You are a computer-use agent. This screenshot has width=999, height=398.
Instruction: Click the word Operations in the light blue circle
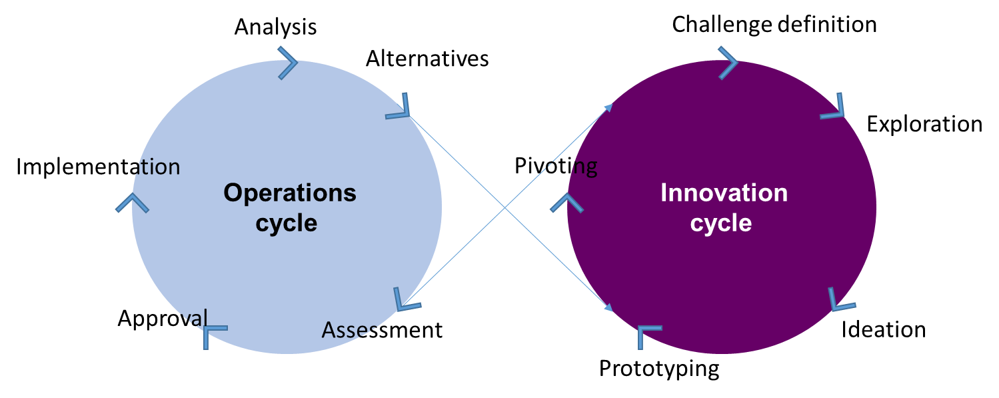(x=290, y=193)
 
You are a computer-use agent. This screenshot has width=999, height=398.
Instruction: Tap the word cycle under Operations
(x=287, y=223)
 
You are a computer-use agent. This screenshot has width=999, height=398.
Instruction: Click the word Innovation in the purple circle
(x=724, y=193)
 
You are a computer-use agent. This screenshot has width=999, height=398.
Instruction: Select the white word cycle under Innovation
(x=721, y=223)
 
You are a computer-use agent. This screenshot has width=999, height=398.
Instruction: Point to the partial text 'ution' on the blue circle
(x=154, y=167)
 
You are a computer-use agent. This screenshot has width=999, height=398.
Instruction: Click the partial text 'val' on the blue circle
(x=193, y=317)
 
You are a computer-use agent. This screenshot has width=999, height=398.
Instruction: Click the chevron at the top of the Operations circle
(x=288, y=63)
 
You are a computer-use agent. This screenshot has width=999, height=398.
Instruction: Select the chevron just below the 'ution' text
(x=132, y=203)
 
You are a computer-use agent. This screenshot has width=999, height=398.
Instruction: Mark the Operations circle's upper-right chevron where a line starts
(x=399, y=108)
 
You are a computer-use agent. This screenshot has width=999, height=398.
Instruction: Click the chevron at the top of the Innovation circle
(x=728, y=63)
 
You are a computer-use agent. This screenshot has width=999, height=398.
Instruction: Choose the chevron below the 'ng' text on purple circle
(x=566, y=203)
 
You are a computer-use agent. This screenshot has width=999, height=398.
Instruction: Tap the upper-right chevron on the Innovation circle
(x=834, y=107)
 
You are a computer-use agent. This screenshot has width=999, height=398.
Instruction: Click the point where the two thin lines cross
(x=504, y=208)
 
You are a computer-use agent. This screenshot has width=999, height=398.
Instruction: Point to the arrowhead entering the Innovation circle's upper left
(x=609, y=107)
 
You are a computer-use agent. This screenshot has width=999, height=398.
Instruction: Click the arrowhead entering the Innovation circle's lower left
(x=608, y=308)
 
